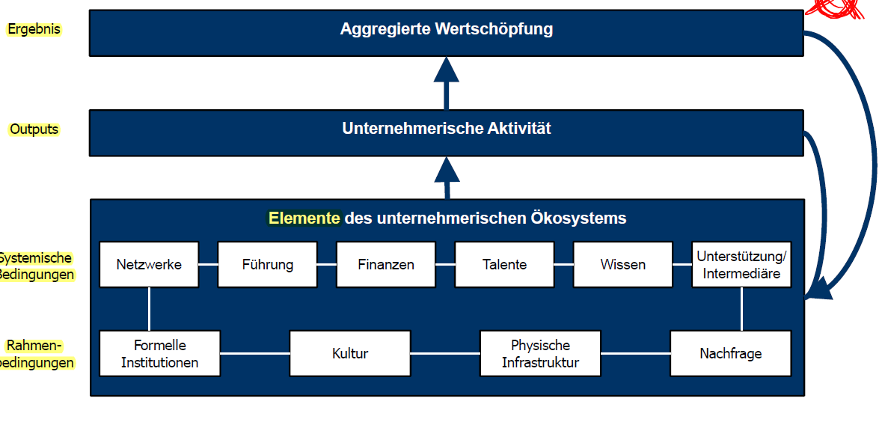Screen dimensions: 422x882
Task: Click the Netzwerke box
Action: [x=149, y=264]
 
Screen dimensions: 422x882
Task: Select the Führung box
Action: [x=267, y=264]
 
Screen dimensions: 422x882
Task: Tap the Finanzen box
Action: [x=385, y=264]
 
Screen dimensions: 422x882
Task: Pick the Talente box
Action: [x=504, y=264]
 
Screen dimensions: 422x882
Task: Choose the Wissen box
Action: [x=622, y=264]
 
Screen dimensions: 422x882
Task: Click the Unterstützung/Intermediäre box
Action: [x=741, y=264]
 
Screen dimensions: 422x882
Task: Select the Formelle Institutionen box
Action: [x=160, y=353]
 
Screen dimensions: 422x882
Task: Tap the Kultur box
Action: [x=350, y=353]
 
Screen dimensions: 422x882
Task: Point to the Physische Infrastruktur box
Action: [x=540, y=353]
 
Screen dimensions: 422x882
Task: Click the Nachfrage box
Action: [x=730, y=353]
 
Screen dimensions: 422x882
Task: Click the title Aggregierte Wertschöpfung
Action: [x=447, y=30]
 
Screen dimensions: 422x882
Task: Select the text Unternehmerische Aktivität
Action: [x=447, y=129]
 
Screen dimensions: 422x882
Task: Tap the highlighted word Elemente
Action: [x=304, y=218]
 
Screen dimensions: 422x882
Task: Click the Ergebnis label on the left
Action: [x=34, y=29]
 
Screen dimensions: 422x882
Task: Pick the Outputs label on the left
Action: [x=34, y=129]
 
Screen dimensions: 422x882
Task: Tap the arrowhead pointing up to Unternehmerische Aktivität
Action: [x=447, y=168]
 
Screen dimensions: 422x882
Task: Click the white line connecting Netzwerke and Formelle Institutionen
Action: [x=149, y=309]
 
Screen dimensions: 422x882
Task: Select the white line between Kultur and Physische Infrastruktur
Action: [x=445, y=353]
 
